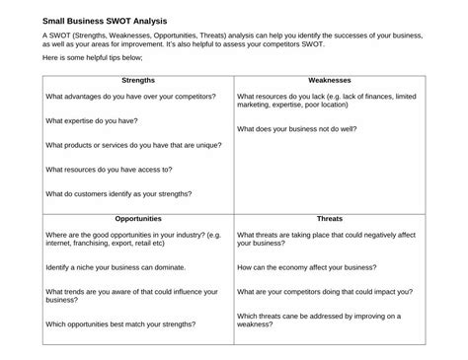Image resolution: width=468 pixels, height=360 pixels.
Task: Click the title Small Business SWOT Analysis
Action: [x=105, y=20]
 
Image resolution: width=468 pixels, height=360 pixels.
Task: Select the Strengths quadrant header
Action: [x=137, y=80]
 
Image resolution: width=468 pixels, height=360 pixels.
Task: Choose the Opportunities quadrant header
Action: [x=137, y=218]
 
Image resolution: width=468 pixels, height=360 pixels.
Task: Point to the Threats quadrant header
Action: [x=329, y=218]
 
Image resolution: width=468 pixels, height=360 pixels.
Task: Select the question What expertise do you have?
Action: [x=92, y=120]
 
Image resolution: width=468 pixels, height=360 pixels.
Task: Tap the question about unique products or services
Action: [x=133, y=145]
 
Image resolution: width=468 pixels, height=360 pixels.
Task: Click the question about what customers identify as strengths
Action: [x=118, y=193]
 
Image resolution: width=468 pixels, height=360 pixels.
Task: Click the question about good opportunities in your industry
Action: [x=131, y=239]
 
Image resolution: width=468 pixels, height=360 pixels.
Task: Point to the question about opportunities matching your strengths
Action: [x=120, y=324]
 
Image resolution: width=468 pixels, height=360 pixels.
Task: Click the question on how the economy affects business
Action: [x=306, y=267]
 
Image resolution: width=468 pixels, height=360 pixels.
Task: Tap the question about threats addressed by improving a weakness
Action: [x=319, y=320]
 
